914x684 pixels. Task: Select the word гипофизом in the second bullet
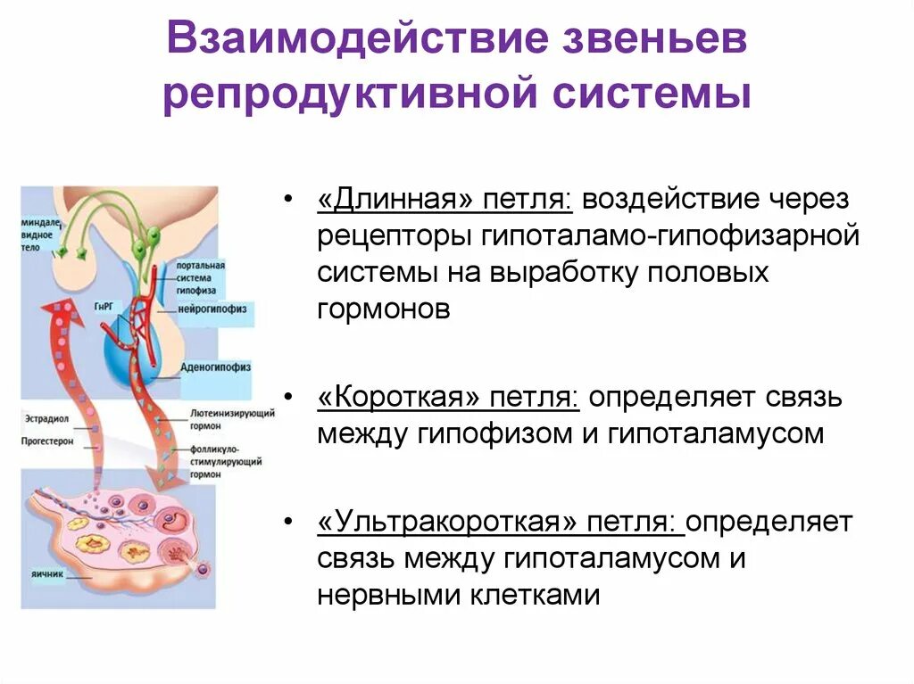pos(503,434)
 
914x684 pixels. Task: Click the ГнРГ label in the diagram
pos(101,306)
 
